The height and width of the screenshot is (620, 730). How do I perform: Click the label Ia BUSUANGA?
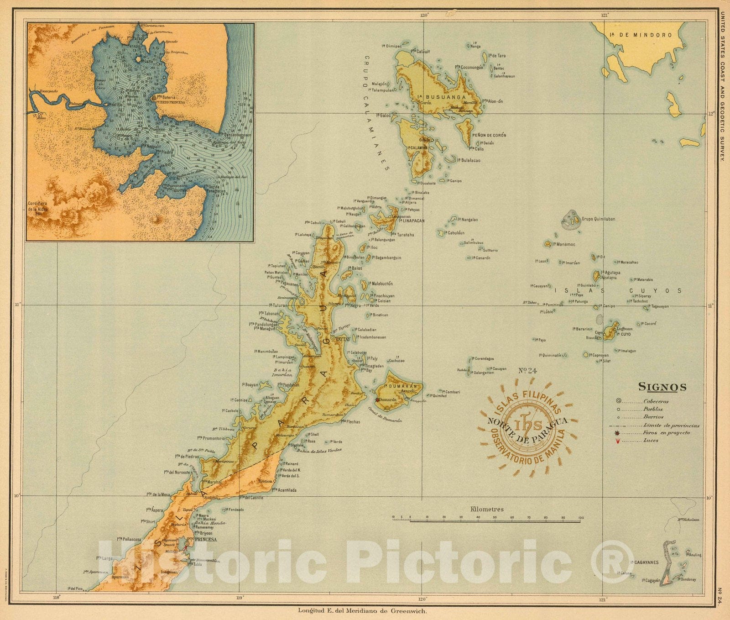coord(442,97)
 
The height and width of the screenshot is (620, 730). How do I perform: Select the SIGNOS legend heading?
coord(662,387)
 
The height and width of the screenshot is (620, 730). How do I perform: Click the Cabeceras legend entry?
coord(656,402)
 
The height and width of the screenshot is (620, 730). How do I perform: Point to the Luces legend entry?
coord(651,441)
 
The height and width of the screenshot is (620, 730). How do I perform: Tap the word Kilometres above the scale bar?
coord(487,510)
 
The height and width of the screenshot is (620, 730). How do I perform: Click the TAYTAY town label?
coord(343,340)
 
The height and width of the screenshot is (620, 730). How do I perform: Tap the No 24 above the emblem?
coord(527,371)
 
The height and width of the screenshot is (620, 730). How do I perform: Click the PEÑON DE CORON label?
coord(489,135)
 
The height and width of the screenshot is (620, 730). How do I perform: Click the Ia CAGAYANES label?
coord(644,562)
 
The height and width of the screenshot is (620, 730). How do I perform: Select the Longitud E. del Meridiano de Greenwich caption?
coord(363,610)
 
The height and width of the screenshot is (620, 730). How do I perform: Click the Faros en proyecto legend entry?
coord(666,433)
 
